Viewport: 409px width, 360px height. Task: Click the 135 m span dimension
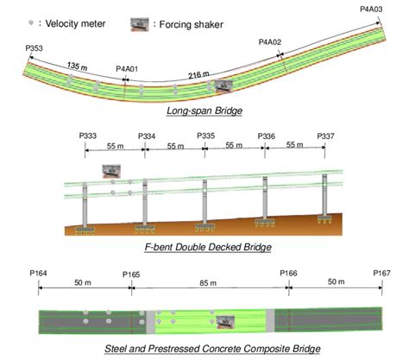pyautogui.click(x=79, y=66)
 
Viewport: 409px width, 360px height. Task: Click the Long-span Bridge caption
pyautogui.click(x=205, y=111)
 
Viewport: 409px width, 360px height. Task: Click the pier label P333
pyautogui.click(x=87, y=136)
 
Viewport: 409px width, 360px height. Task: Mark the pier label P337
pyautogui.click(x=326, y=136)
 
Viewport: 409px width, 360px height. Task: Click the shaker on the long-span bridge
pyautogui.click(x=226, y=85)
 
